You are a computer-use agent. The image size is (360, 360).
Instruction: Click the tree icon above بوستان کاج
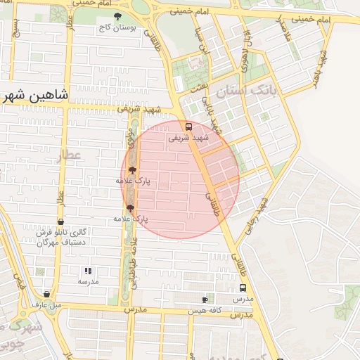(117, 16)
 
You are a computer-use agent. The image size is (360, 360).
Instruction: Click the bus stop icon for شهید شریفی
(188, 127)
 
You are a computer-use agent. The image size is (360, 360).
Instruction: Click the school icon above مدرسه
(88, 271)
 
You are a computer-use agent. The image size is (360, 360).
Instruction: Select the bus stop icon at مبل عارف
(46, 295)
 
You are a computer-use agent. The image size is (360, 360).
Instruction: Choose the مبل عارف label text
(47, 304)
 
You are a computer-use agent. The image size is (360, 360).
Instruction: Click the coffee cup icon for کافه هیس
(205, 300)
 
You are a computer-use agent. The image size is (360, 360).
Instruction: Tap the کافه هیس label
(205, 309)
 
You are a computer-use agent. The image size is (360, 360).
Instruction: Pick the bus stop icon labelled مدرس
(243, 288)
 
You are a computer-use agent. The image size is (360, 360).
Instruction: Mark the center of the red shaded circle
(180, 179)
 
